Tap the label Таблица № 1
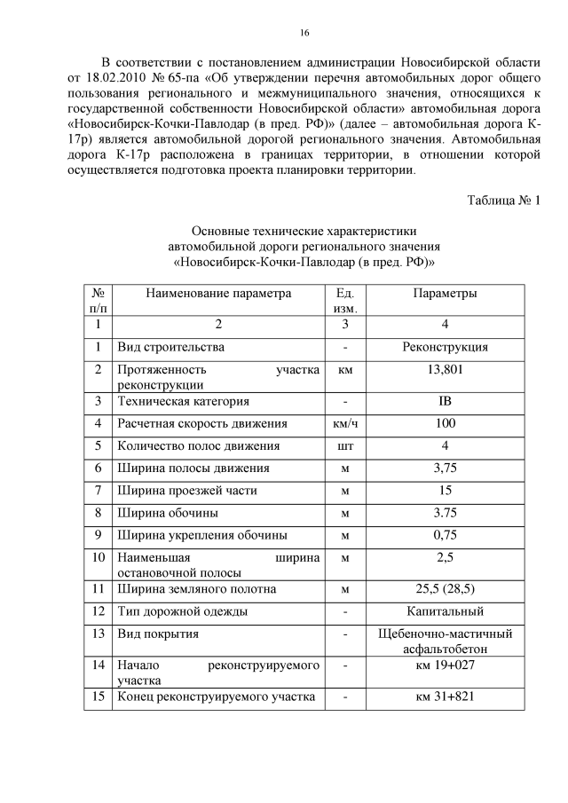coord(503,200)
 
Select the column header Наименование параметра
coord(217,293)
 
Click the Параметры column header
coord(445,293)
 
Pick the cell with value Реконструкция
coord(445,347)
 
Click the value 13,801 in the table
coord(445,369)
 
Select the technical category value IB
coord(445,401)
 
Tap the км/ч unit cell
coord(345,423)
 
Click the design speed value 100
coord(445,423)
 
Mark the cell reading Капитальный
coord(445,610)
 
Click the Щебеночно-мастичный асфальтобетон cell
coord(445,642)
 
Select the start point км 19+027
coord(445,665)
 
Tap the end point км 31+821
coord(445,697)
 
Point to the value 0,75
coord(445,534)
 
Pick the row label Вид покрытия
coord(158,634)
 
